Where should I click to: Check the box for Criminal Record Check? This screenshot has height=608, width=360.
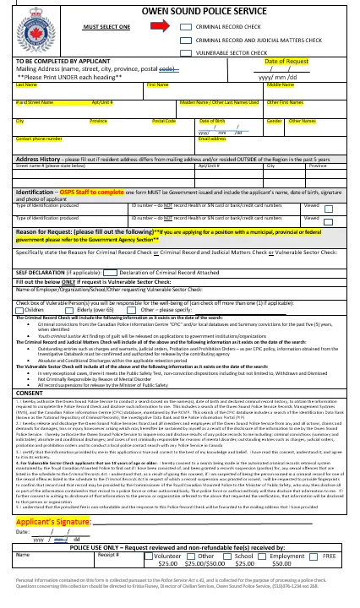tap(186, 27)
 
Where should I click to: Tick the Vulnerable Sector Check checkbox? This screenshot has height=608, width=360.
tap(186, 52)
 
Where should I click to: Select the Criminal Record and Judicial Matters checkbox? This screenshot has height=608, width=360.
tap(186, 39)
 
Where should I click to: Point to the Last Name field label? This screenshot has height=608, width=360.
tap(26, 85)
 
